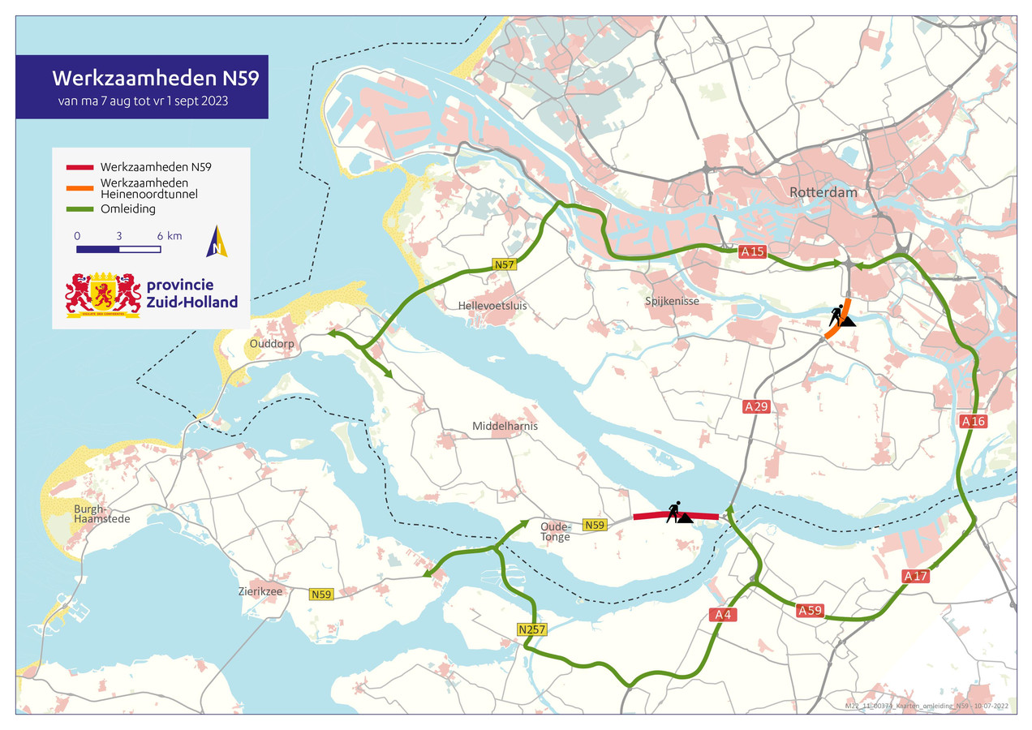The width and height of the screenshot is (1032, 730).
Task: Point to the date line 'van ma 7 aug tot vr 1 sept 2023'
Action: coord(142,102)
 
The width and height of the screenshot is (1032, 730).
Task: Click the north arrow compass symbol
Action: coord(217,242)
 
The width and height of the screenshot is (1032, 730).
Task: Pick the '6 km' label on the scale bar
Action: coord(170,235)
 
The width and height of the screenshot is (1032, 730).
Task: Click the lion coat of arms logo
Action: coord(103,294)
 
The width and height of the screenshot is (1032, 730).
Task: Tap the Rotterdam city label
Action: coord(823,193)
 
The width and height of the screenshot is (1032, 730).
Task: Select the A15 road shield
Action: coord(752,252)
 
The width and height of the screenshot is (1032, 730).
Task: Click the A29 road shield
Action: coord(755,406)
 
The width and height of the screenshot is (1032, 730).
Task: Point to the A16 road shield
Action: coord(973,421)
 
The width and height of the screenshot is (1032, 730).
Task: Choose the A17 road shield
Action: coord(915,576)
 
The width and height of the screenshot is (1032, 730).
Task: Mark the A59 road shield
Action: coord(810,610)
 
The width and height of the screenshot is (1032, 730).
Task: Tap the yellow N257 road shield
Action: coord(531,629)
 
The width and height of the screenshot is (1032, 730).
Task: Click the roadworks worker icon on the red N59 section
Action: coord(677,513)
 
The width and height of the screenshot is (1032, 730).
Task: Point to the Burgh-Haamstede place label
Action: coord(96,513)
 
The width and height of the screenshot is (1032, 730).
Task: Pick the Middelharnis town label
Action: coord(505,426)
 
